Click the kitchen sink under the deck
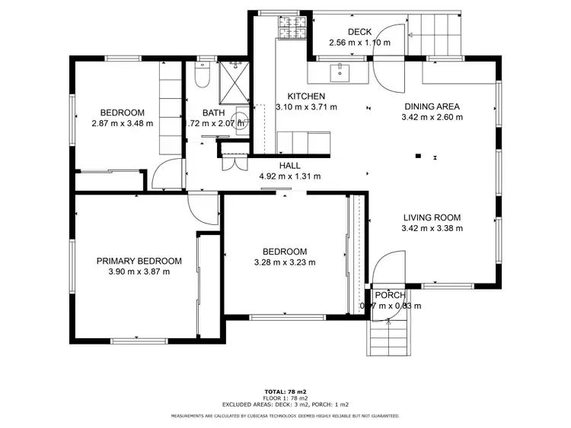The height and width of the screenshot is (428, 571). pos(340,72)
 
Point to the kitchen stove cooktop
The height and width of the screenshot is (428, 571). pos(289,30)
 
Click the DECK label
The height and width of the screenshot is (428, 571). pos(359,31)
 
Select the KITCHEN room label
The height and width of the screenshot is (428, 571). pos(305,97)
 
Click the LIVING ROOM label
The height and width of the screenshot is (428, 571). pos(432,217)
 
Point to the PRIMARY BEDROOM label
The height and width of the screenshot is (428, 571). pos(139,261)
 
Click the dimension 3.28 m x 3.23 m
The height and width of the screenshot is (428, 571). pos(284,262)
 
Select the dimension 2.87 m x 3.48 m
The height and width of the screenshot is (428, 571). pos(122,123)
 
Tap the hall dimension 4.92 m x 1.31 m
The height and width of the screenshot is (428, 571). pos(289,176)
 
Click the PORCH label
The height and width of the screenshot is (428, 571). pos(390,295)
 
